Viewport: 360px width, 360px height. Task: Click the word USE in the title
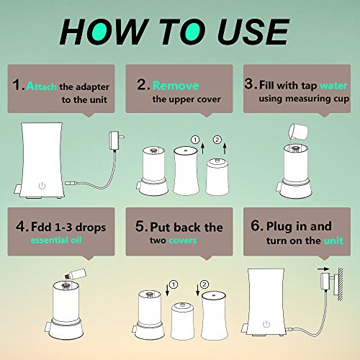coord(252,32)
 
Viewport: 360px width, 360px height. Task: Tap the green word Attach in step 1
coord(42,86)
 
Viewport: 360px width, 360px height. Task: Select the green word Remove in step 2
coord(176,86)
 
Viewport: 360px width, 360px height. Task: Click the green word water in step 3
coord(333,86)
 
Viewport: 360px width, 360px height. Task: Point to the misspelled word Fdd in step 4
coord(41,227)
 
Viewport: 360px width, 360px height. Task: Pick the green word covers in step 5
coord(183,240)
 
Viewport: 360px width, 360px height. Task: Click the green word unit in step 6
coord(333,240)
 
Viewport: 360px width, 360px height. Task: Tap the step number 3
coord(249,84)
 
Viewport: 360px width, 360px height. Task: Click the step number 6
coord(256,225)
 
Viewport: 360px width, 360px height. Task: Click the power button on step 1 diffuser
coord(42,186)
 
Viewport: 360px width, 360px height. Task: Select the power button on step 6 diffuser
coord(266,324)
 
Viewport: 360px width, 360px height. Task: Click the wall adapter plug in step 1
coord(116,140)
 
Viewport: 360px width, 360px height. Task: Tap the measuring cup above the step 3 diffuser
coord(298,131)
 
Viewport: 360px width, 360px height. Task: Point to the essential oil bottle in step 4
coord(75,274)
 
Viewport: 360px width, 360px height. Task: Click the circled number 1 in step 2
coord(195,140)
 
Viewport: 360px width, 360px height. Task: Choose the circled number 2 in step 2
coord(217,140)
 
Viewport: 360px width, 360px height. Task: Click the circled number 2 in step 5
coord(204,284)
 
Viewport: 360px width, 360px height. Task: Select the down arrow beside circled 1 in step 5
coord(168,289)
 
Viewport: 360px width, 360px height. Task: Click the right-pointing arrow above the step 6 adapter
coord(323,269)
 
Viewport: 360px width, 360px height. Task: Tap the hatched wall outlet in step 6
coord(341,284)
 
